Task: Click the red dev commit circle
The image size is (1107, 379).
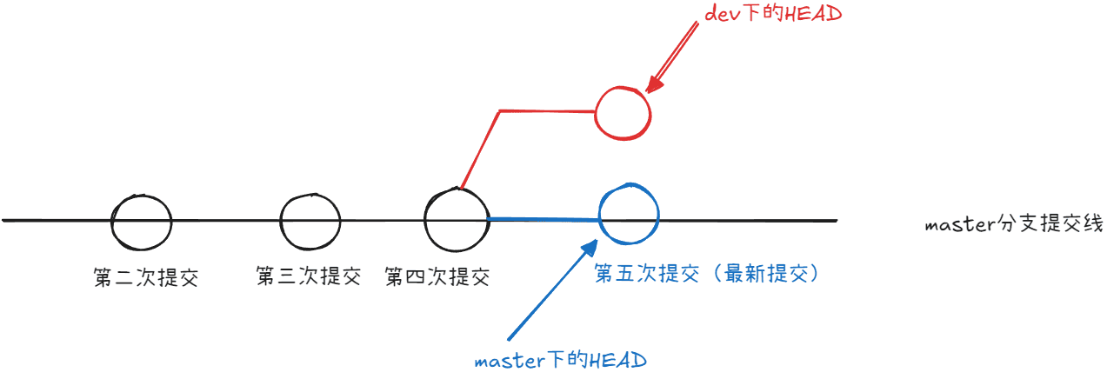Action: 596,113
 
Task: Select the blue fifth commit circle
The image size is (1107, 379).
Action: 599,215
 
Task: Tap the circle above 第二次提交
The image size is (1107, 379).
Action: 112,223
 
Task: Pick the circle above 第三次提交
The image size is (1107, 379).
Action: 281,223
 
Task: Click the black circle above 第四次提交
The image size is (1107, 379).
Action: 425,220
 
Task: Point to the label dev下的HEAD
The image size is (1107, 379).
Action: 773,13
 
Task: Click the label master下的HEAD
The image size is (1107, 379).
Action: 560,360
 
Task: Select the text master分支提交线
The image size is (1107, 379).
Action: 1014,223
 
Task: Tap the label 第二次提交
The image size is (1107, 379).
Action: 146,277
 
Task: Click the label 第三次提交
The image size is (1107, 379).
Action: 309,276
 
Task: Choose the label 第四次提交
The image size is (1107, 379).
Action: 437,276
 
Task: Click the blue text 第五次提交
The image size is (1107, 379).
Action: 647,273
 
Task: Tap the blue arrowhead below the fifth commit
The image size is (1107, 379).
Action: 590,248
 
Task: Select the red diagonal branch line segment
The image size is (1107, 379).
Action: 480,150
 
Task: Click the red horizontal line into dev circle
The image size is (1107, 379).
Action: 548,111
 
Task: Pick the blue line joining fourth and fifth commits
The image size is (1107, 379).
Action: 543,219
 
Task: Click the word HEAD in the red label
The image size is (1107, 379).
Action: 813,14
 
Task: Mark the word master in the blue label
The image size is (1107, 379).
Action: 510,362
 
